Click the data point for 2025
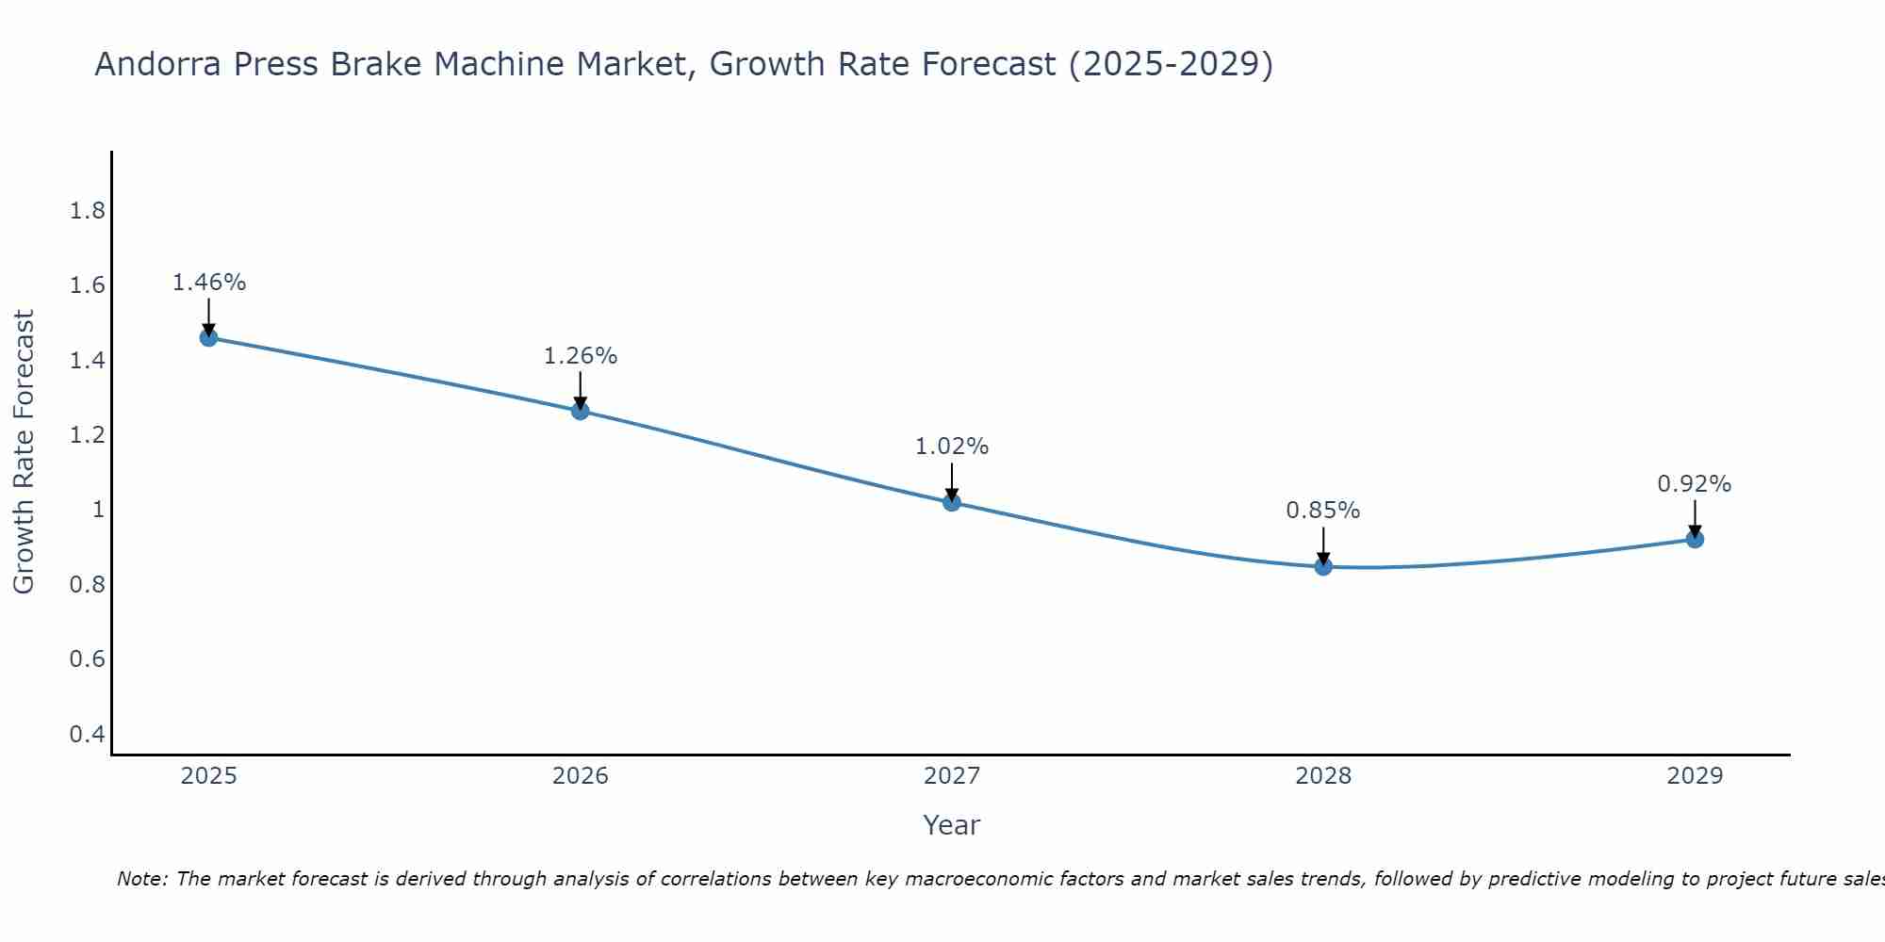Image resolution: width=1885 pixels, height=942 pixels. coord(209,337)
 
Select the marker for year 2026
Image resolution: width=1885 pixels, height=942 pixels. coord(581,411)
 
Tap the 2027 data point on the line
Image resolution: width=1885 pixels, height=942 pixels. coord(952,502)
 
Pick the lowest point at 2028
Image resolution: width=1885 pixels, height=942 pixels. coord(1323,566)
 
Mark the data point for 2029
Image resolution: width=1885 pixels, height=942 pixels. coord(1695,539)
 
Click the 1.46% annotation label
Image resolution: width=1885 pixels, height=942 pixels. coord(209,283)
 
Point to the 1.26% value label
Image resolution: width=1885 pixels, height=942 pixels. coord(581,356)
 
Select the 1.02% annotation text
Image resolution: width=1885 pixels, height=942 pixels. coord(952,447)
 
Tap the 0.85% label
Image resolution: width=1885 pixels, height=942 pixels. coord(1323,511)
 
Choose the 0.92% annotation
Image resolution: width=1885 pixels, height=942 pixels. coord(1695,484)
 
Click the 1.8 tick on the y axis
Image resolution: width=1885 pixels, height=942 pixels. coord(88,211)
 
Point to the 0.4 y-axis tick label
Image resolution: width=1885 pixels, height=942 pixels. coord(88,734)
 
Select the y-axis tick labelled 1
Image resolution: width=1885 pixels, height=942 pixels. coord(98,510)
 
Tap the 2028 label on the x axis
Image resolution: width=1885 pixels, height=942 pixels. coord(1323,776)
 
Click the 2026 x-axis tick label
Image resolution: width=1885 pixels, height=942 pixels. coord(581,776)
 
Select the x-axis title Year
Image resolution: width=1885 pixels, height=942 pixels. coord(952,825)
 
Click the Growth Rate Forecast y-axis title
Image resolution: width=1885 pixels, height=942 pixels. coord(24,452)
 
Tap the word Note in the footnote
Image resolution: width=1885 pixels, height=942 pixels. coord(140,879)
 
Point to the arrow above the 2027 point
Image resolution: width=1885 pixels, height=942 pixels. coord(952,480)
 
